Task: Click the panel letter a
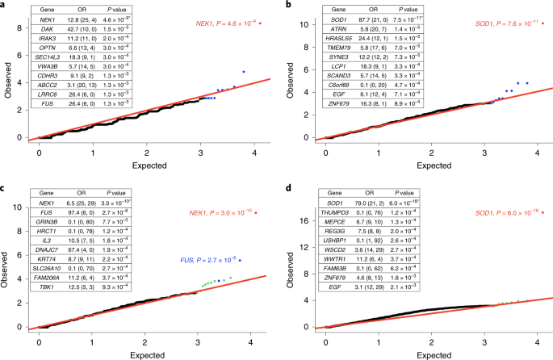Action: pos(4,5)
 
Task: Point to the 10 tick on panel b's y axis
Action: pos(308,24)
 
